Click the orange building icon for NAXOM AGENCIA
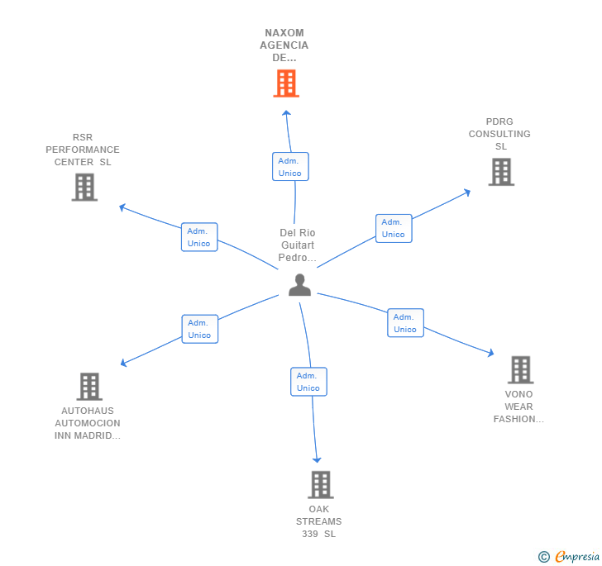point(285,83)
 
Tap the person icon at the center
point(299,285)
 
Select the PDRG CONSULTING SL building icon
point(500,172)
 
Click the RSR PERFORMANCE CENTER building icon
point(84,187)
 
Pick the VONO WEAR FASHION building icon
point(519,369)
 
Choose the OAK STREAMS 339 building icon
point(320,484)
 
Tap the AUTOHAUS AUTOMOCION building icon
point(88,386)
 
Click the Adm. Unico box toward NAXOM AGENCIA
point(289,166)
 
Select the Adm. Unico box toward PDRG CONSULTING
point(393,228)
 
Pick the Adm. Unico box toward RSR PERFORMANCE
point(198,237)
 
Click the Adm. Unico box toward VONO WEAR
point(404,323)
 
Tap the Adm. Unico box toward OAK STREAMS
point(308,382)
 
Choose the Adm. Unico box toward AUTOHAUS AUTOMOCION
point(198,329)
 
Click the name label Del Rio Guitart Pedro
point(297,245)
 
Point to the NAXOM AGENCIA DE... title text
point(285,45)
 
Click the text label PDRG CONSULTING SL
point(499,134)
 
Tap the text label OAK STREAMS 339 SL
point(319,521)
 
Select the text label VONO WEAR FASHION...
point(518,407)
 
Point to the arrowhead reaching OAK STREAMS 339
point(317,459)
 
